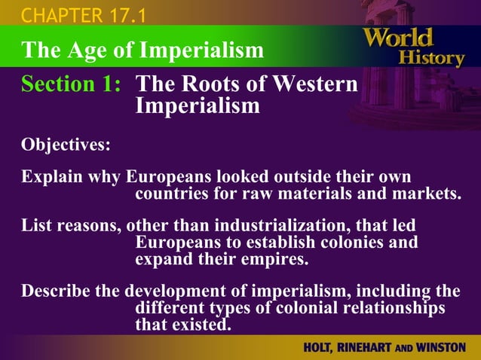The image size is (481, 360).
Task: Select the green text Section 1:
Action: (x=71, y=85)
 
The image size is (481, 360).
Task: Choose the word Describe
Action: (x=60, y=291)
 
